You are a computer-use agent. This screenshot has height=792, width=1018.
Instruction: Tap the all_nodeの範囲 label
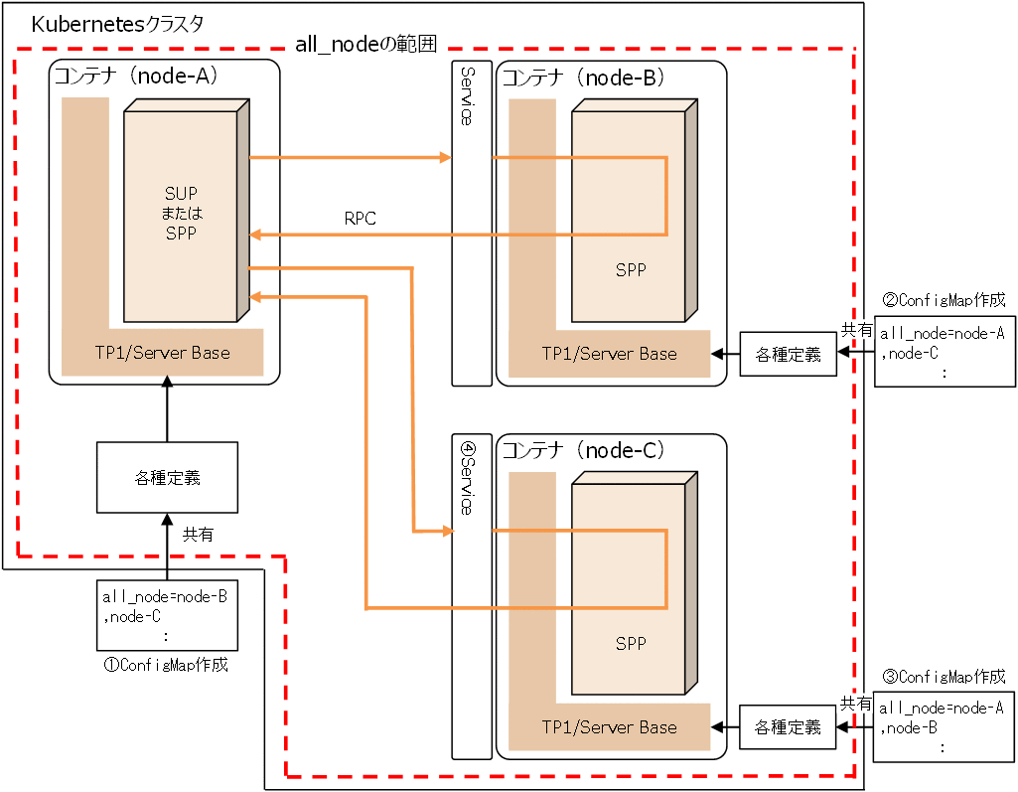[366, 45]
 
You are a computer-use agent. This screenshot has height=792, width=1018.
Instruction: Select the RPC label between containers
[360, 219]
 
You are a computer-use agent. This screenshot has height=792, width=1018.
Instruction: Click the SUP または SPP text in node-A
[181, 214]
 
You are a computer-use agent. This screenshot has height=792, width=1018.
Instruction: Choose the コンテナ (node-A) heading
[135, 76]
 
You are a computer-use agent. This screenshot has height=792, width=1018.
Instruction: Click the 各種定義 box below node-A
[167, 477]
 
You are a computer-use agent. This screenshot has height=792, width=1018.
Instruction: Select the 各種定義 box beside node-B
[788, 354]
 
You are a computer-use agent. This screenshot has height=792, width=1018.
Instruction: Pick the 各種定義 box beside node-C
[788, 727]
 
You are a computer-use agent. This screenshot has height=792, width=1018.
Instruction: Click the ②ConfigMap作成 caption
[944, 299]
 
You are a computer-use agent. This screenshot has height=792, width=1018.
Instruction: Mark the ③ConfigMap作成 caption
[944, 677]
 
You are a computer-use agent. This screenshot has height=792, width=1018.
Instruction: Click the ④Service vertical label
[467, 477]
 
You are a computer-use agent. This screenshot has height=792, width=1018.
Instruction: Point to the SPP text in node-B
[630, 270]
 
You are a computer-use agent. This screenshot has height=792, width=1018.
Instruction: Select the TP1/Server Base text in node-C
[609, 727]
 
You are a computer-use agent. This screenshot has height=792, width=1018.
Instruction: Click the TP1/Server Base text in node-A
[162, 353]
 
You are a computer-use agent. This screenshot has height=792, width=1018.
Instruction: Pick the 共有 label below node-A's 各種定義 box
[197, 534]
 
